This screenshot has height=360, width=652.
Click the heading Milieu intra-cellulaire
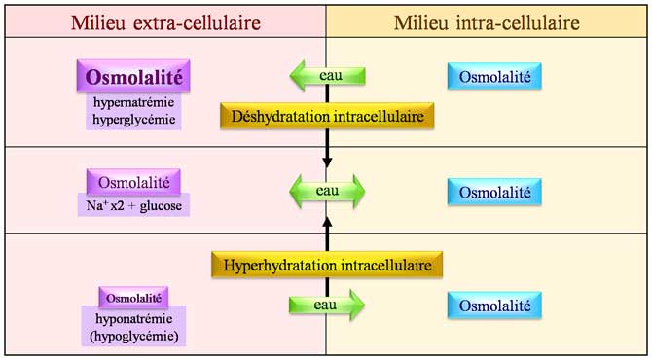click(488, 20)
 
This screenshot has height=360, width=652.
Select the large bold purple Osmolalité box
click(134, 76)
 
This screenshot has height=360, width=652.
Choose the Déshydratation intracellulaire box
click(327, 117)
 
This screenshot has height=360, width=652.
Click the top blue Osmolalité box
click(494, 75)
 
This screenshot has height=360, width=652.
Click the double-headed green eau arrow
click(327, 191)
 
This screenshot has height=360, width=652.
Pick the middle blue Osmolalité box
click(494, 192)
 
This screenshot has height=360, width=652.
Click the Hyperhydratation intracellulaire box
click(327, 264)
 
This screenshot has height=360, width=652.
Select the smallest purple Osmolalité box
click(134, 297)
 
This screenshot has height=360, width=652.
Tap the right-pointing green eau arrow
click(327, 305)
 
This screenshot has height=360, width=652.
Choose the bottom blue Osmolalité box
click(494, 305)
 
